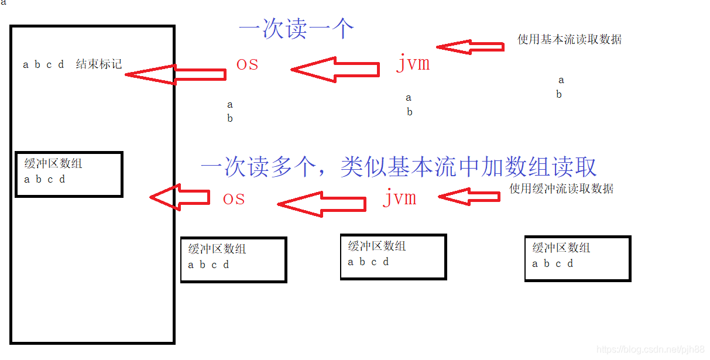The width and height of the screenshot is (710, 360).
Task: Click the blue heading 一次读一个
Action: [x=296, y=29]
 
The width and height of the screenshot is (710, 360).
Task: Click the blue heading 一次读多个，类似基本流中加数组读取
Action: [x=398, y=167]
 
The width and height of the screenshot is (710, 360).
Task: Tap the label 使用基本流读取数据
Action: [x=569, y=40]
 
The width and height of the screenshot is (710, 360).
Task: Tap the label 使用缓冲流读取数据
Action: [x=561, y=188]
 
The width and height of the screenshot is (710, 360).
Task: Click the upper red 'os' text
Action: [x=247, y=64]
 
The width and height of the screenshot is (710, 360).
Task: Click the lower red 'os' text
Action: [x=234, y=199]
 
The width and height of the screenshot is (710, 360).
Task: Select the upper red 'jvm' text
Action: [x=413, y=63]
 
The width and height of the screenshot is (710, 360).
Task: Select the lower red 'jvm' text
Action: [x=400, y=198]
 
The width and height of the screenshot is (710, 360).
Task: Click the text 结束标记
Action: [x=99, y=64]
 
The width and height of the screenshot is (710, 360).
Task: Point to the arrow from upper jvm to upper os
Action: [x=335, y=70]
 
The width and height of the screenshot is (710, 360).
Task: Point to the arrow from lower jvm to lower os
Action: [x=322, y=204]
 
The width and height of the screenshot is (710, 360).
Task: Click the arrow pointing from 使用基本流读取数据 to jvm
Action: [x=470, y=47]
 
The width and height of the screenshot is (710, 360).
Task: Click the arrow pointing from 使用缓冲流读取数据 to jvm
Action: [x=469, y=197]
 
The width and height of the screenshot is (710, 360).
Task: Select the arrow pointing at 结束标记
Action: [x=176, y=74]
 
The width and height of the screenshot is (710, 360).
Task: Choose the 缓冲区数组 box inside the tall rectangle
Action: [x=68, y=174]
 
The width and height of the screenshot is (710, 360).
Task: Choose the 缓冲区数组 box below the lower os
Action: [x=234, y=259]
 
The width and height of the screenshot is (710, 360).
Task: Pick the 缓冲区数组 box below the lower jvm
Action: [x=393, y=257]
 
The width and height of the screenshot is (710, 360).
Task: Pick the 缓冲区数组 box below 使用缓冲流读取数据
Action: [x=577, y=258]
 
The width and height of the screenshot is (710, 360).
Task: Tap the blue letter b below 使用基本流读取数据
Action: [x=559, y=94]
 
